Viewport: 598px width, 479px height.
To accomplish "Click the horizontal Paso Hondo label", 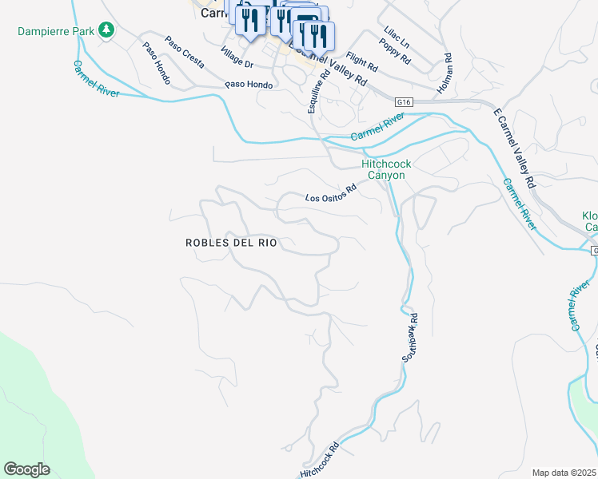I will (x=249, y=85).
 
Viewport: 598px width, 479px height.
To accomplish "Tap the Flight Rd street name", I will (x=361, y=61).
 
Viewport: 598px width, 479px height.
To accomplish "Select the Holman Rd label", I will (x=448, y=69).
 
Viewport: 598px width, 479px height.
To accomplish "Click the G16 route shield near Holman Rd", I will (x=404, y=101).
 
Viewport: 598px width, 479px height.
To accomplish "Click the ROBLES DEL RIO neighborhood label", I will (x=231, y=243).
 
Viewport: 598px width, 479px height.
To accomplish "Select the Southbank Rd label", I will (x=412, y=335).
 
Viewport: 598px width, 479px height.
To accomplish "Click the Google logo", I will (x=26, y=469).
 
